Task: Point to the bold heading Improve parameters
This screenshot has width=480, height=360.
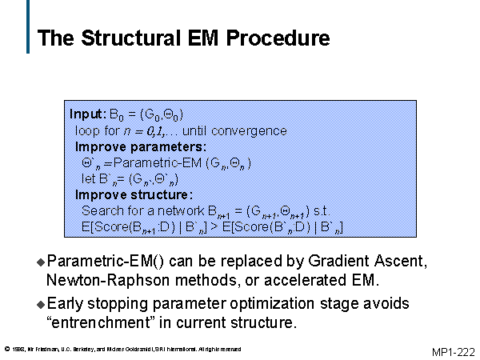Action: click(x=140, y=146)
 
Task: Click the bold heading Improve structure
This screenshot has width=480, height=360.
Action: click(x=134, y=194)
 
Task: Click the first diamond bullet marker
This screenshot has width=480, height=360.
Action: click(x=42, y=262)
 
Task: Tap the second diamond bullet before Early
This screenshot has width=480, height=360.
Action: click(x=42, y=305)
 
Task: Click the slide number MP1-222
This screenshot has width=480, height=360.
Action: click(x=453, y=351)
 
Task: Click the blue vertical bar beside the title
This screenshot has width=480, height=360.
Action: click(x=28, y=32)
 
